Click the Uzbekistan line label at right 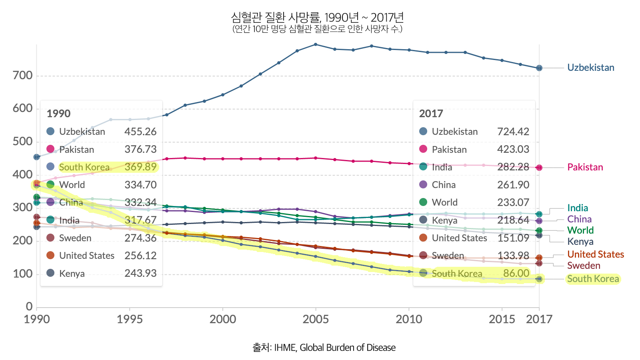click(x=590, y=68)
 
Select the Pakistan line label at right click(x=585, y=167)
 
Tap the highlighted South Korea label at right click(x=593, y=279)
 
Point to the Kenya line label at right click(x=580, y=242)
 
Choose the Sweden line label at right click(x=583, y=266)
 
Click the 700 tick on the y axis click(x=22, y=76)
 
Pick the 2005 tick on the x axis click(x=316, y=319)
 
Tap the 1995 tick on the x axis click(x=130, y=319)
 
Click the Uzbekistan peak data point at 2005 click(x=316, y=44)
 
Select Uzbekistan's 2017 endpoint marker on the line click(x=539, y=68)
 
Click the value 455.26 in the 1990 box click(x=140, y=132)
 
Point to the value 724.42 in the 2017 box click(x=513, y=132)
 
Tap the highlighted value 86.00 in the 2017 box click(x=516, y=273)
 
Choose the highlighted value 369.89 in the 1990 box click(x=140, y=167)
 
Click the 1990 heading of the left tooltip click(x=58, y=114)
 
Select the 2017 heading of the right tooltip click(x=431, y=114)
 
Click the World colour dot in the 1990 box click(x=50, y=184)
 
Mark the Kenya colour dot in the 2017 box click(x=423, y=220)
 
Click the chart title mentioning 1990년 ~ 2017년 click(x=317, y=18)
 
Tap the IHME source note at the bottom click(x=324, y=348)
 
